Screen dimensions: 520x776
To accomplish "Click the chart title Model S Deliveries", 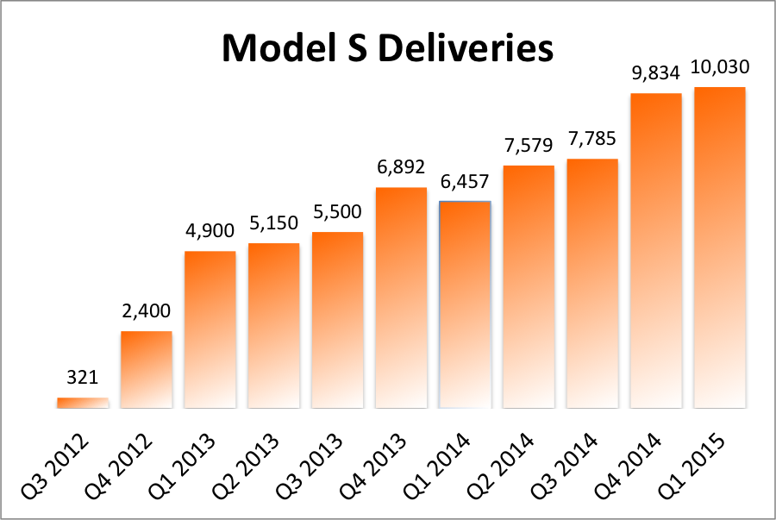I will pyautogui.click(x=387, y=48).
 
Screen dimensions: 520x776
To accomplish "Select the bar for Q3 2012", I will pyautogui.click(x=83, y=403).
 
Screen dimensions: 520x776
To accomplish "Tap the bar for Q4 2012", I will pyautogui.click(x=147, y=369).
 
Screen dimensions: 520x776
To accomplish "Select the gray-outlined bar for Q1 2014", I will pyautogui.click(x=465, y=304).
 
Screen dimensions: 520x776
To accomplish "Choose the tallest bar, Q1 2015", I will pyautogui.click(x=720, y=247).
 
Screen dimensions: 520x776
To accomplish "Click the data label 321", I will pyautogui.click(x=83, y=378).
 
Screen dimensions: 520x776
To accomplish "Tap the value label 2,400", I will pyautogui.click(x=147, y=310).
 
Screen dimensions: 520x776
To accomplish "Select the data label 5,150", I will pyautogui.click(x=273, y=222).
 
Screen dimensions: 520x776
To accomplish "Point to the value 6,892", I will pyautogui.click(x=401, y=166).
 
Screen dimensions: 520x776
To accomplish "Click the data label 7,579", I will pyautogui.click(x=529, y=144).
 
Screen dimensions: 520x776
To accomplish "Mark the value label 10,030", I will pyautogui.click(x=720, y=67).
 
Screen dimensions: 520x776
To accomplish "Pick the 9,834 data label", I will pyautogui.click(x=656, y=72).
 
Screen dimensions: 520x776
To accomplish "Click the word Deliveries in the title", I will pyautogui.click(x=466, y=48).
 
